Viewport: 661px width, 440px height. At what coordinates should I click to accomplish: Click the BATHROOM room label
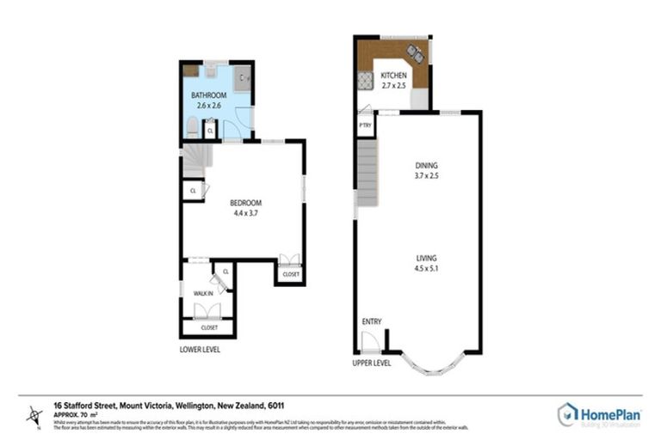pos(208,95)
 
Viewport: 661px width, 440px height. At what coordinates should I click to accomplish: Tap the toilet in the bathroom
pos(190,129)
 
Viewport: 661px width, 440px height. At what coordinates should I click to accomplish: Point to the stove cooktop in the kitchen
pos(363,82)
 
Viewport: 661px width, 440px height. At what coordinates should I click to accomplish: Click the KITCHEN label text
pos(393,76)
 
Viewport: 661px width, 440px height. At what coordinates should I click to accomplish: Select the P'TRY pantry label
pos(365,126)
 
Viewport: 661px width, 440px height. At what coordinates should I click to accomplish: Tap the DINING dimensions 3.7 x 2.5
pos(426,176)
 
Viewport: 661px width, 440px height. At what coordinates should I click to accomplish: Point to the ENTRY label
pos(371,321)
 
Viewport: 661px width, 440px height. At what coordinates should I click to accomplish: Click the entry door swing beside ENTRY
pos(370,342)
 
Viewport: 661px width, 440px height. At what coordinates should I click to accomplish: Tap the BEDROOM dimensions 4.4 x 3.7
pos(245,213)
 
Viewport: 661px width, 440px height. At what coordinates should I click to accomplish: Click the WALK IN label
pos(203,293)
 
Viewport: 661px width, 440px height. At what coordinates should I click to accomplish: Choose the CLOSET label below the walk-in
pos(209,327)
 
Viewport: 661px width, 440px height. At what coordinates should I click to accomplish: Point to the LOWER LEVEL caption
pos(200,350)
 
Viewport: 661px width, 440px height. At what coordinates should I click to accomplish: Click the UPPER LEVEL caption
pos(372,363)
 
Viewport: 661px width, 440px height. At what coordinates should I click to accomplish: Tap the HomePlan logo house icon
pos(568,414)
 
